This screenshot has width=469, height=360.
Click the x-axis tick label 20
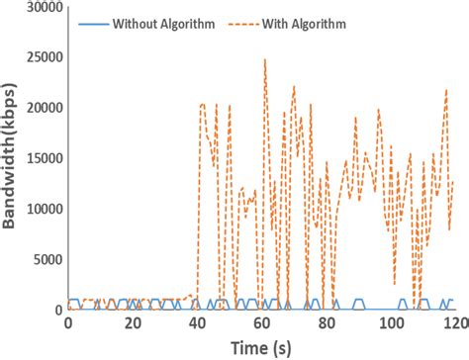coord(133,325)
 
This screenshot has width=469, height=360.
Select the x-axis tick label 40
coord(197,325)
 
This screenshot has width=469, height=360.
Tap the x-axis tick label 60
coord(261,325)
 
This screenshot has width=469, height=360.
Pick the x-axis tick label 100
coord(390,325)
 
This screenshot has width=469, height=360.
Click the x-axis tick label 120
coord(453,325)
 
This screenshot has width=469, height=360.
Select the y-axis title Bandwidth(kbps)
coord(10,158)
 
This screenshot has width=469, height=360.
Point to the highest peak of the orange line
coord(264,59)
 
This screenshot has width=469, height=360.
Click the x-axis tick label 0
coord(68,325)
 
